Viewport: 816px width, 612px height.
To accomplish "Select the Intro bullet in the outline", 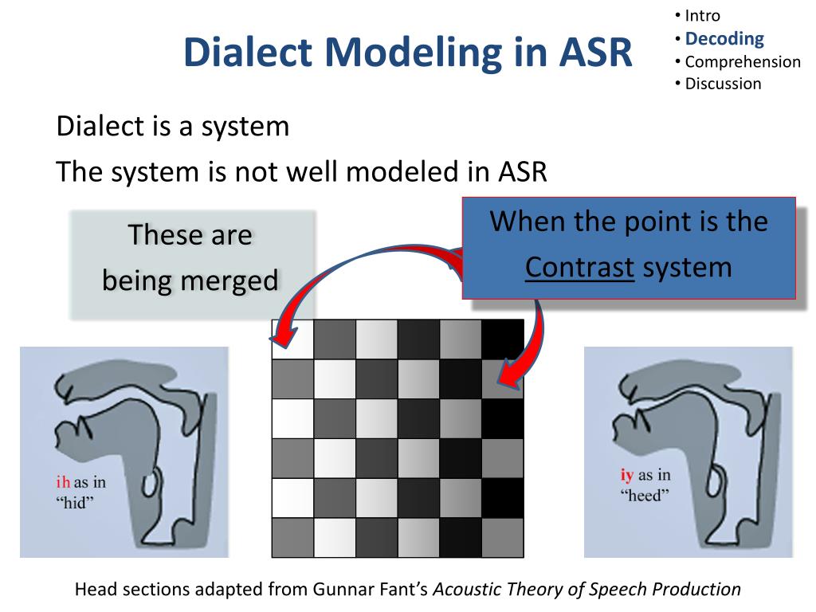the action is coord(702,15).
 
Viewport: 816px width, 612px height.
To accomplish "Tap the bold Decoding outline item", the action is coord(724,38).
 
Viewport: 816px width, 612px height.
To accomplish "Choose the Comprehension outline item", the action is coord(742,61).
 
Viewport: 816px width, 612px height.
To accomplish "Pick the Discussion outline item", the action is coord(723,84).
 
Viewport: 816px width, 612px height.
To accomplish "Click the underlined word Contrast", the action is coord(579,267).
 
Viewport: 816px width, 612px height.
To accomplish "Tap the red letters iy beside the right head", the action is coord(626,476).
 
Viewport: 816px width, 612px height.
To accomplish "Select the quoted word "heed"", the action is coord(645,496).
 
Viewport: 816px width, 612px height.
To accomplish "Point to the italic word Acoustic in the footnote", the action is coord(469,590).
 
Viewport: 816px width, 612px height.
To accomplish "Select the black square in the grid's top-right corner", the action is coord(503,339).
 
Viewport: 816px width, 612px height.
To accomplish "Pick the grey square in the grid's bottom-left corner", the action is coord(292,537).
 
